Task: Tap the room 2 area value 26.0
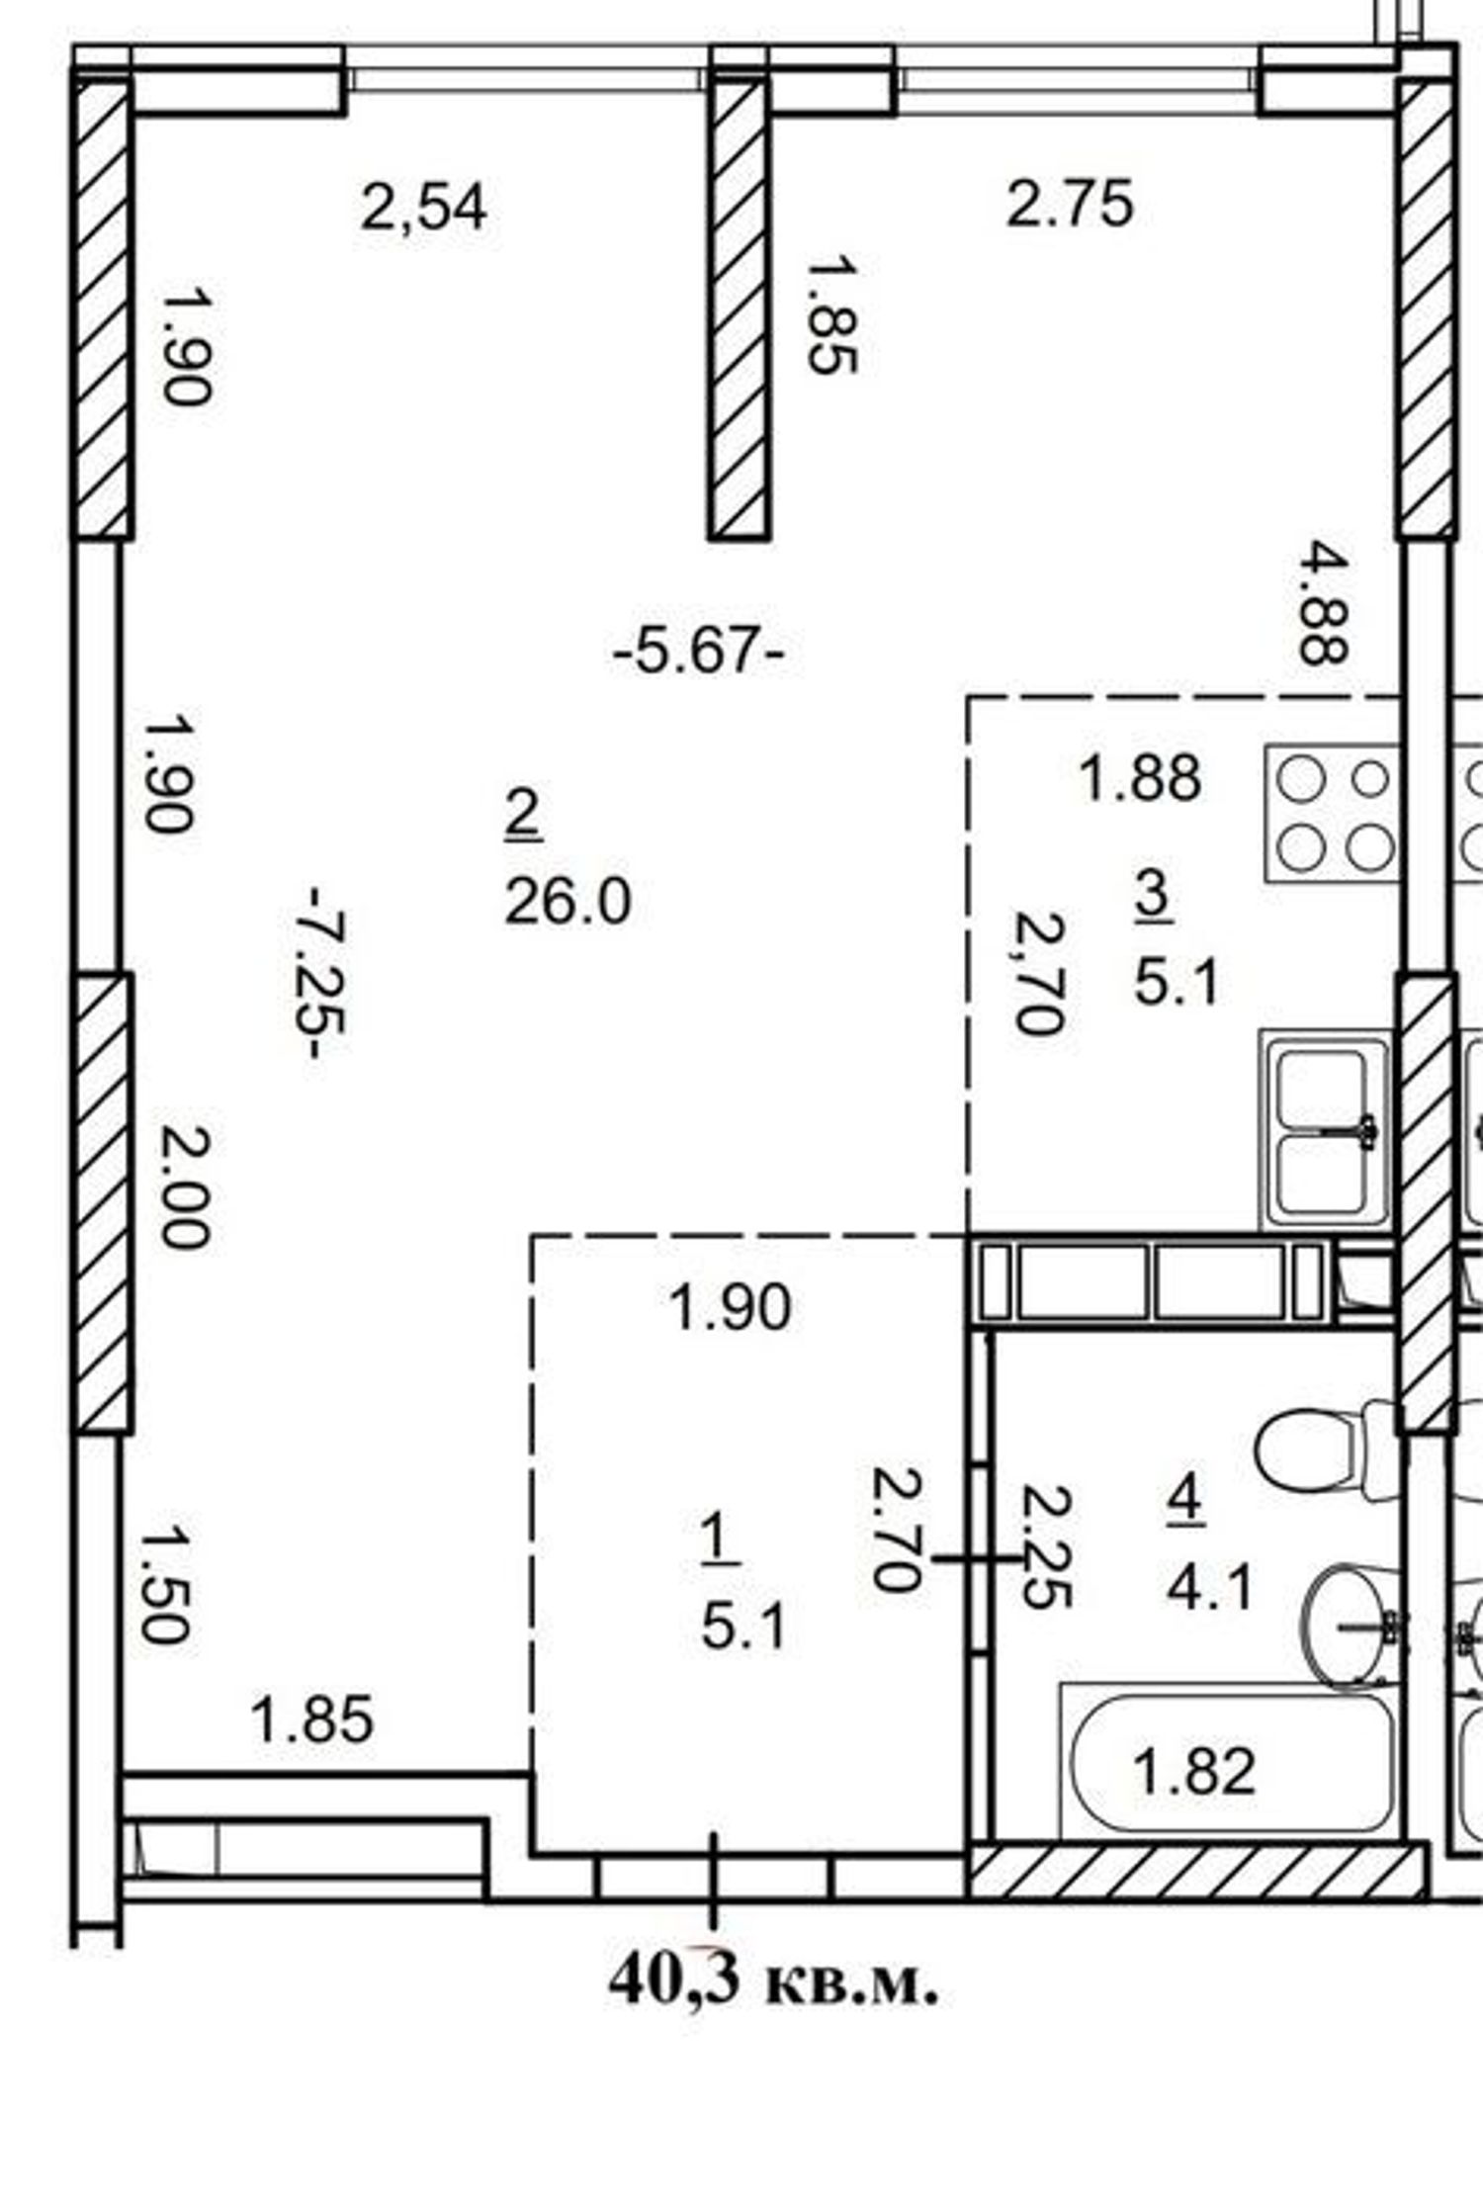click(x=567, y=903)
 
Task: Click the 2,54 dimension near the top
click(x=423, y=209)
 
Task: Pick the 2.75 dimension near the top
click(x=1070, y=205)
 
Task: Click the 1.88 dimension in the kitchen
click(x=1140, y=777)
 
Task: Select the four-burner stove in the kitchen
click(x=1332, y=814)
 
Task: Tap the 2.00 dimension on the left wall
click(x=186, y=1188)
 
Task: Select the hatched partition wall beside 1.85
click(x=739, y=309)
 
